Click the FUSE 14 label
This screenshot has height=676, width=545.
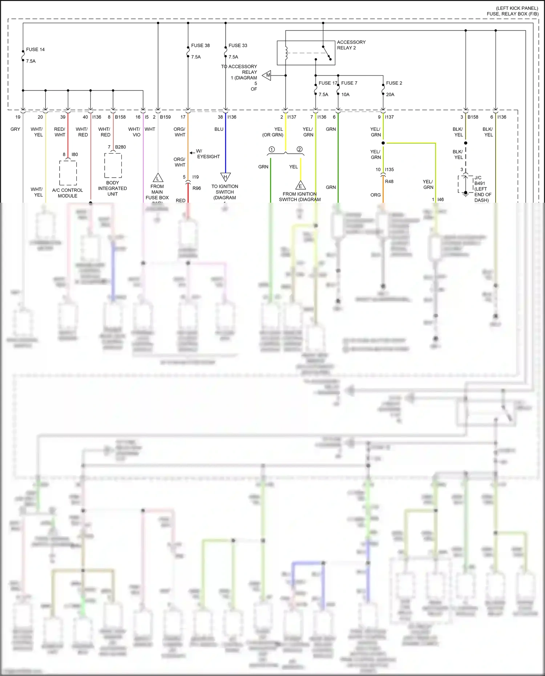point(35,49)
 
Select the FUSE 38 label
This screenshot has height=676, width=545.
point(200,45)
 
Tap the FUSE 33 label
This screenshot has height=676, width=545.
point(238,45)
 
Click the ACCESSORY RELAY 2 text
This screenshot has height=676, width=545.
point(351,45)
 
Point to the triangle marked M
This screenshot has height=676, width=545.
point(267,76)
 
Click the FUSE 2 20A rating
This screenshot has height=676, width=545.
point(390,94)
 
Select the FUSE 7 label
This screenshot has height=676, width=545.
point(349,83)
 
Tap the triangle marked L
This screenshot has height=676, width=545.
point(158,178)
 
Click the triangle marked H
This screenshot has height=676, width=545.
point(225,177)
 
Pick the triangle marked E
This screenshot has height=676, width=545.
point(300,186)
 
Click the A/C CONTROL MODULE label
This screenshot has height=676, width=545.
point(68,193)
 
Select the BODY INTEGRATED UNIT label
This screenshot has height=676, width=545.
point(113,188)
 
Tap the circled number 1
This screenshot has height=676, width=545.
point(271,149)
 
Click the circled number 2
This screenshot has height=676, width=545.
point(299,149)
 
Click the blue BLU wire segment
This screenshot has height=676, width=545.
point(225,145)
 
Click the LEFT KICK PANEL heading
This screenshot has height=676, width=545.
point(517,8)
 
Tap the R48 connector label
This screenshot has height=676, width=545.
point(389,181)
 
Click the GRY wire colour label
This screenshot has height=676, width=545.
point(15,129)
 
